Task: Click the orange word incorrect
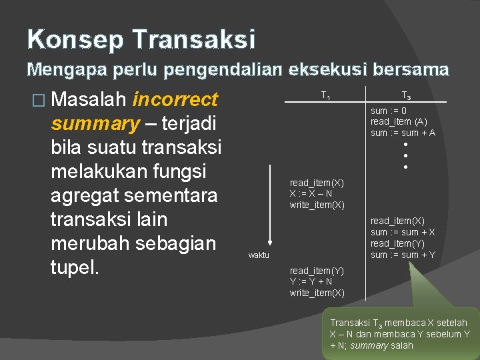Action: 175,100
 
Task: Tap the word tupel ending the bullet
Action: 74,268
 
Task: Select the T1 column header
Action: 325,95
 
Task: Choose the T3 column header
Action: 405,95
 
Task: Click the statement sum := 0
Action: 389,111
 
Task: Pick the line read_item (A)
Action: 399,121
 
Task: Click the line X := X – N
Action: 311,193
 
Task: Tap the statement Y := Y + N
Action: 311,282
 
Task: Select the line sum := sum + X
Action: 403,232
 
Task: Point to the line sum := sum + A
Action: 403,133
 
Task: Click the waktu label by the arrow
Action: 259,255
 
